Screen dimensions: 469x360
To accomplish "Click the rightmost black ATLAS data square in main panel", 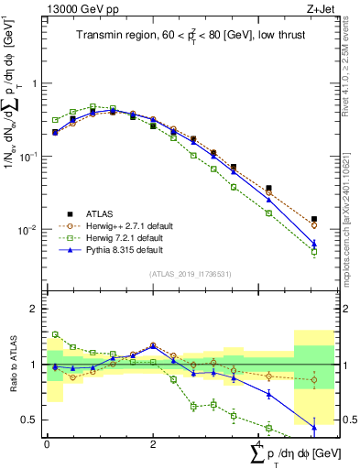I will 314,220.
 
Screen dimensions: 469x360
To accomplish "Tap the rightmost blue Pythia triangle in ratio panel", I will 314,427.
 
